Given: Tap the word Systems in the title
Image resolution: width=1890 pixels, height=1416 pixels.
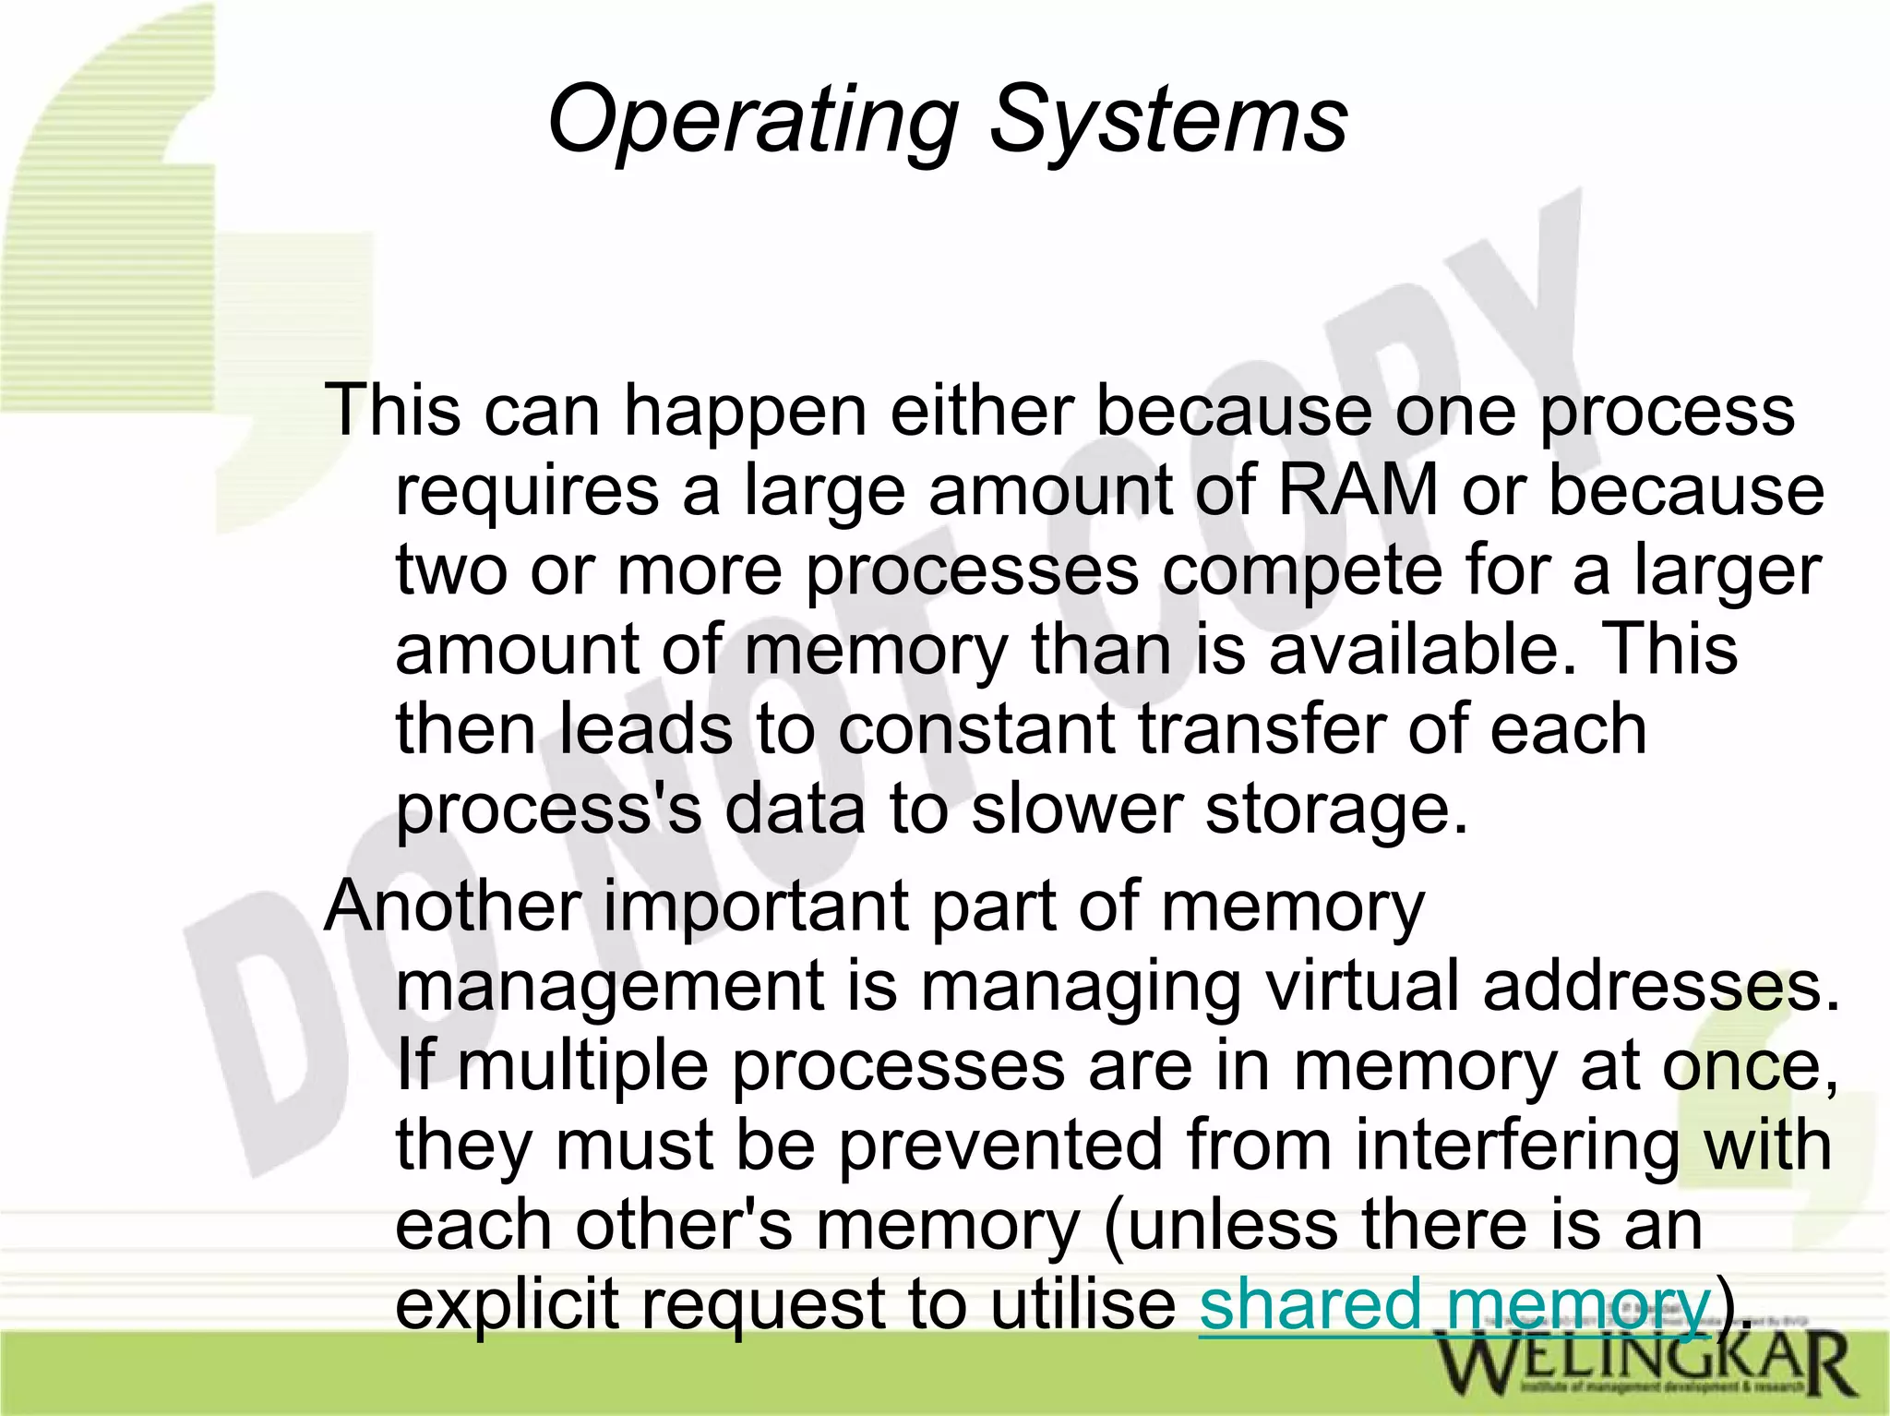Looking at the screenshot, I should coord(1168,122).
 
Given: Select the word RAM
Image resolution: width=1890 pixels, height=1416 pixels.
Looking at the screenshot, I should coord(1358,490).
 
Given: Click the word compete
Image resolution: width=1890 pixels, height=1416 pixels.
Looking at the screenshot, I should coord(1301,570).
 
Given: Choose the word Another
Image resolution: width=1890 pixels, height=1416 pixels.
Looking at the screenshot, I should coord(452,906).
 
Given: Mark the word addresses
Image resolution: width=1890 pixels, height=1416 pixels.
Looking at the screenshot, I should coord(1661,986).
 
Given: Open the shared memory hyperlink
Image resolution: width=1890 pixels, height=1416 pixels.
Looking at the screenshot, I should coord(1454,1305).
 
